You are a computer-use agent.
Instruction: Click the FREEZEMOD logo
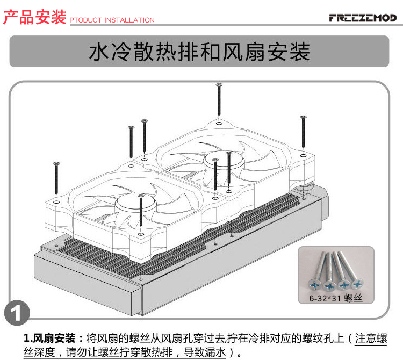click(x=362, y=18)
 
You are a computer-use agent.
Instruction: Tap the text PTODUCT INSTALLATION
click(x=112, y=20)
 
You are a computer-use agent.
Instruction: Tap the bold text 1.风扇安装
click(x=54, y=339)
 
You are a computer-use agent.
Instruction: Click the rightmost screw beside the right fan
click(x=303, y=134)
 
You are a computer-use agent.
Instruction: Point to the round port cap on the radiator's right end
click(x=307, y=189)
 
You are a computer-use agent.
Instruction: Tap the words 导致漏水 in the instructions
click(x=206, y=353)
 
